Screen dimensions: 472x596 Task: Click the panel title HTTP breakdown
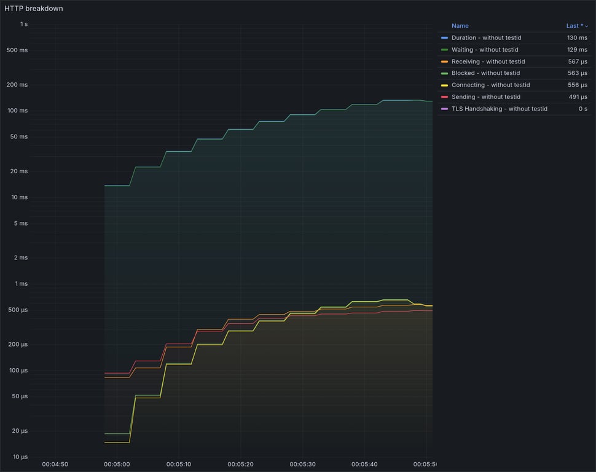coord(34,9)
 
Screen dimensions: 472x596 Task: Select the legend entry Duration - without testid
coord(486,38)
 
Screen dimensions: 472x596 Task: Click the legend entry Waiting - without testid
coord(485,50)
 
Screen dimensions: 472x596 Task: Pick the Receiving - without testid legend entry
coord(488,61)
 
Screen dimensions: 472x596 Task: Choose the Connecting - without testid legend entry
coord(490,85)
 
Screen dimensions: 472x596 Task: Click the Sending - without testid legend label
coord(485,96)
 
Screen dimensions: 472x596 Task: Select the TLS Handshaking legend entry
coord(499,109)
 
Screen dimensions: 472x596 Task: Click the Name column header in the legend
coord(460,26)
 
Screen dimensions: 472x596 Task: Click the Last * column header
coord(575,26)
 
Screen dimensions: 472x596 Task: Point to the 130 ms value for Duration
coord(577,38)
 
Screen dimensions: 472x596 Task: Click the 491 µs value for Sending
coord(578,96)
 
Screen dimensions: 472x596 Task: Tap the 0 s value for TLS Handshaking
coord(582,109)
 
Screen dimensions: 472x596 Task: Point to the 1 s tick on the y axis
coord(23,25)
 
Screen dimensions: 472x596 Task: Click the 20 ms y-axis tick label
coord(20,171)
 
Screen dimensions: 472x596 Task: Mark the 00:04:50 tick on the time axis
coord(55,465)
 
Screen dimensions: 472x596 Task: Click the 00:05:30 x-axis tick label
coord(302,465)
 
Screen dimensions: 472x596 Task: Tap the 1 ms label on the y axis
coord(21,284)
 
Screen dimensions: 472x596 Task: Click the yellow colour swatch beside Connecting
coord(444,85)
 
